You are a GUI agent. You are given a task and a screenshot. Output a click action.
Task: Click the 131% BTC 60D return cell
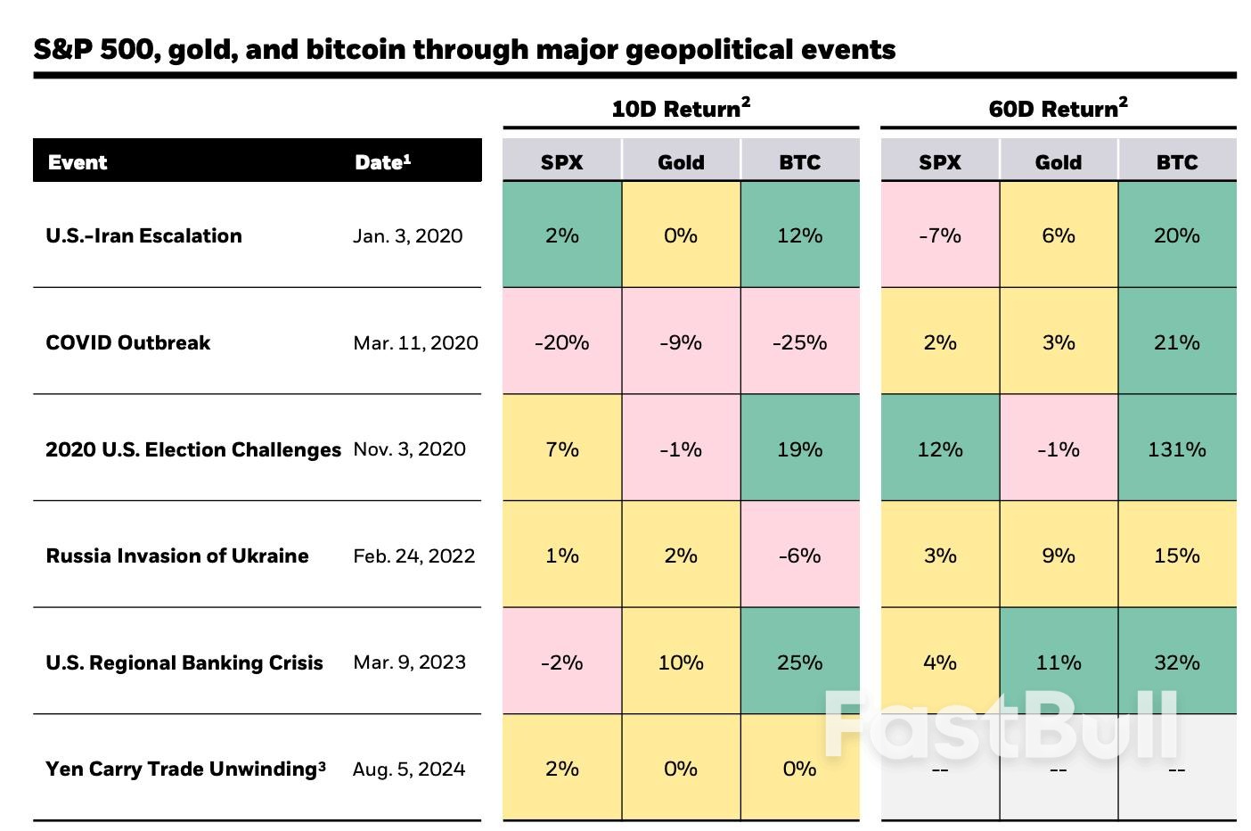click(1176, 449)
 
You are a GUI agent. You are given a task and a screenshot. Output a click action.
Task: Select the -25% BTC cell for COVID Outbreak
click(799, 342)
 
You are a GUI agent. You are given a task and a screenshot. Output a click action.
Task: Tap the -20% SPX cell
click(561, 342)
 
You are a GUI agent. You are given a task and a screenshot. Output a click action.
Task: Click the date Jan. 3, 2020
click(407, 236)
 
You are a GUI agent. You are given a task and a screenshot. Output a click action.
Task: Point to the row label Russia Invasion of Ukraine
click(177, 555)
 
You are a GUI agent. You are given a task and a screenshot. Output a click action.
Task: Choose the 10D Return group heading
click(681, 109)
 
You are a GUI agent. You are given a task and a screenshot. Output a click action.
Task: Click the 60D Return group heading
click(1058, 109)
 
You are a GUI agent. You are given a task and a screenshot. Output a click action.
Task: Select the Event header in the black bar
click(78, 162)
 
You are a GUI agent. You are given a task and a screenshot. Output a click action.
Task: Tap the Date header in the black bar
click(382, 162)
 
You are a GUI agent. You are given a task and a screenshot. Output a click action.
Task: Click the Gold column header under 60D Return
click(1058, 162)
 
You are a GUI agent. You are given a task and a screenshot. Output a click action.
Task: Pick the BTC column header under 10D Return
click(799, 162)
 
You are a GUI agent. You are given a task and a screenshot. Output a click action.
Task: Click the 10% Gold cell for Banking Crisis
click(681, 662)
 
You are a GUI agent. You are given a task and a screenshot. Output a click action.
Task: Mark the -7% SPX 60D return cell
click(939, 236)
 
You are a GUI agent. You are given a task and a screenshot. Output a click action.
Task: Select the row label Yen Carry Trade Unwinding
click(185, 769)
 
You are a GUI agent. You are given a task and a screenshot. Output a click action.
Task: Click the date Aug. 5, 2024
click(409, 769)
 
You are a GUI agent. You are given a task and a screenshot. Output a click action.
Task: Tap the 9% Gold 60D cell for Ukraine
click(1058, 555)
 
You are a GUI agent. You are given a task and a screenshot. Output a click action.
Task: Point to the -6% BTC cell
click(799, 555)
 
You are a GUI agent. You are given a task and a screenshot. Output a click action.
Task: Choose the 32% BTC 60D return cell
click(1176, 662)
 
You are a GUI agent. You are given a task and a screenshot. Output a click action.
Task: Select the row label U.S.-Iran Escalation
click(143, 236)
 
